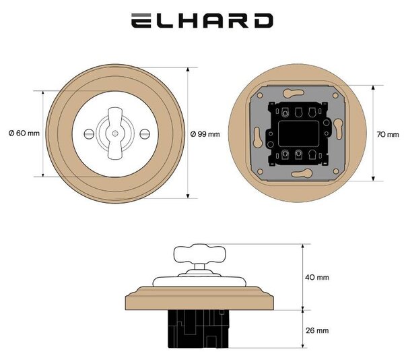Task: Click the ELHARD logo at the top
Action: click(202, 21)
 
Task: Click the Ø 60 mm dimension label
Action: click(24, 133)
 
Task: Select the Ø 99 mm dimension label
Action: click(205, 134)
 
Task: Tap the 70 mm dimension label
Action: click(388, 134)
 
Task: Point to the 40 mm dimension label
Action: click(317, 277)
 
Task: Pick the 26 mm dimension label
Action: click(317, 330)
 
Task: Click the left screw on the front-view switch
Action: click(88, 133)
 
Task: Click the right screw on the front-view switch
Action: click(145, 133)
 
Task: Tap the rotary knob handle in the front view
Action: click(115, 133)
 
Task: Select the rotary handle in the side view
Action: click(200, 254)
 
